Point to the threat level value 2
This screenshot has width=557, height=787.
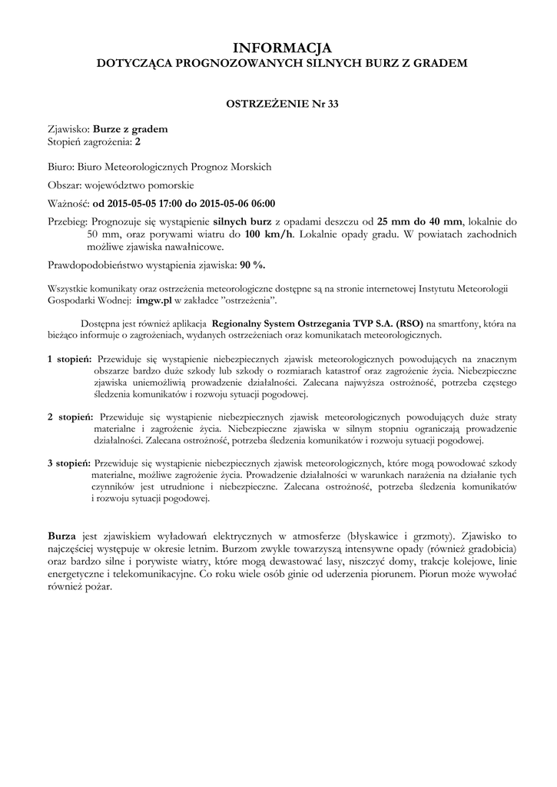coord(138,141)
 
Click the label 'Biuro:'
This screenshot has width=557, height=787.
coord(60,167)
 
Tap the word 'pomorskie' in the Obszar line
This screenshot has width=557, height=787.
coord(171,185)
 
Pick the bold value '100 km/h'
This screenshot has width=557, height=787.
coord(269,234)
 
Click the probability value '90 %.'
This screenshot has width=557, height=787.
coord(252,265)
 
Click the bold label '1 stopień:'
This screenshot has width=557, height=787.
coord(70,359)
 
